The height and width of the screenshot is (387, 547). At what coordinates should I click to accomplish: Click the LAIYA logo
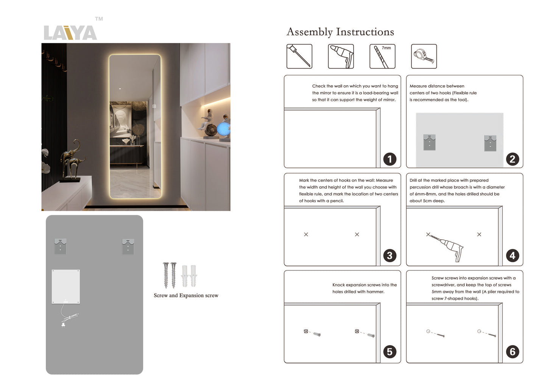[x=70, y=33]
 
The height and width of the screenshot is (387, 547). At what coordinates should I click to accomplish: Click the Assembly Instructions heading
[x=340, y=32]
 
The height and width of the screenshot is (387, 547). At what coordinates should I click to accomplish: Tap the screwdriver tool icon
[x=299, y=56]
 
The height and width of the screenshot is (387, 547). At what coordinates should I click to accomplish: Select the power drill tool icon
[x=341, y=56]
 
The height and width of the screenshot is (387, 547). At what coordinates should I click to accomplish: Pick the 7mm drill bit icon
[x=382, y=56]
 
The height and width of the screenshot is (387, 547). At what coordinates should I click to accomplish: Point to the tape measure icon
[x=424, y=56]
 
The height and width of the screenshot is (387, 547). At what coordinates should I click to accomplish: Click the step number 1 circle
[x=390, y=159]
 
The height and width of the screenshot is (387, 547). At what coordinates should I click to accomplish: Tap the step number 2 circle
[x=512, y=159]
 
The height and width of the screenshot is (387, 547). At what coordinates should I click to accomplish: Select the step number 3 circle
[x=390, y=256]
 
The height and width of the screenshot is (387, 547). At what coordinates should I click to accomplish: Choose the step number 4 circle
[x=512, y=256]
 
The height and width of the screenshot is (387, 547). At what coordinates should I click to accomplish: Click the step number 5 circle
[x=390, y=352]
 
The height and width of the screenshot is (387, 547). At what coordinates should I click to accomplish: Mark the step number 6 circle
[x=512, y=352]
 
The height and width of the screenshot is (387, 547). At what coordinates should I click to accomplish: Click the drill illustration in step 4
[x=450, y=247]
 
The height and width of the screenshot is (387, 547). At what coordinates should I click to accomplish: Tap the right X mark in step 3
[x=357, y=234]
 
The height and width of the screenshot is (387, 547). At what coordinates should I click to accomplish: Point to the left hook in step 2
[x=429, y=142]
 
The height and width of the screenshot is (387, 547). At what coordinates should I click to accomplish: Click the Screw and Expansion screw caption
[x=186, y=295]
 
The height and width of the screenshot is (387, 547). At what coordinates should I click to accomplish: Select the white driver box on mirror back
[x=66, y=287]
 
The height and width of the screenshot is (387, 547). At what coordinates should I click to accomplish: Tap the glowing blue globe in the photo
[x=223, y=129]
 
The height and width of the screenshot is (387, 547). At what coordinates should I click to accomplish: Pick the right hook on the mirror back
[x=128, y=247]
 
